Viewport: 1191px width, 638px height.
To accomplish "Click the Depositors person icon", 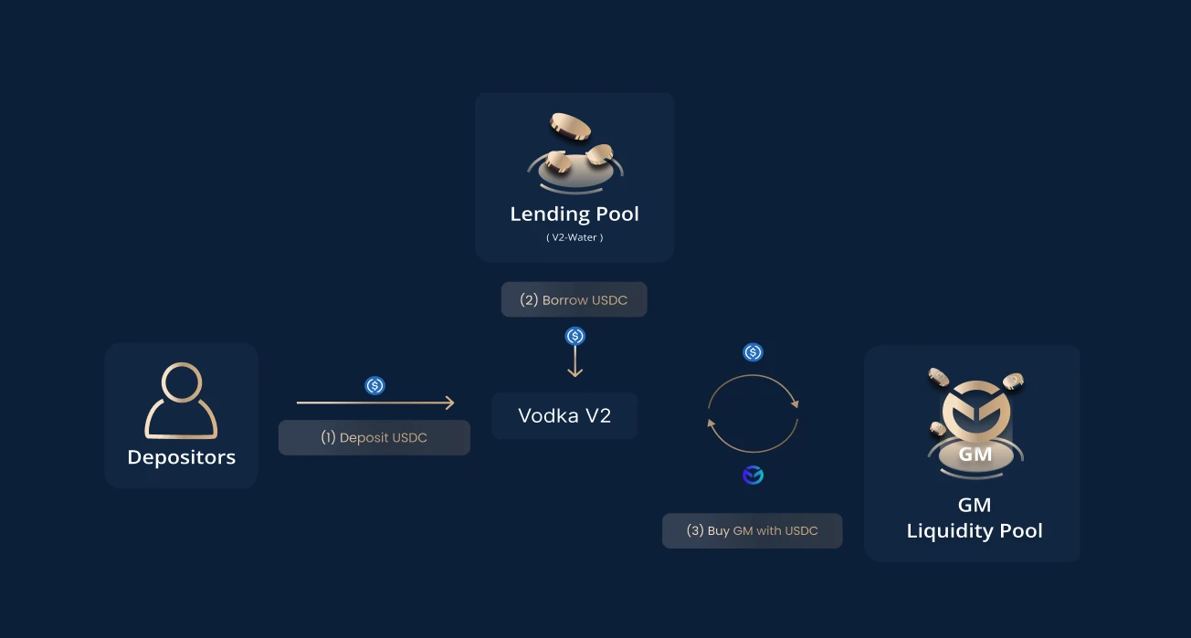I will click(181, 402).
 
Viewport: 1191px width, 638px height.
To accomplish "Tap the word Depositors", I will click(181, 457).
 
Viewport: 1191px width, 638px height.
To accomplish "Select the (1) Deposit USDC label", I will click(374, 438).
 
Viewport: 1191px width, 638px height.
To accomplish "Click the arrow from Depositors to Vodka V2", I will click(375, 403).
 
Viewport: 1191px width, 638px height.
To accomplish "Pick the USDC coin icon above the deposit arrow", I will click(374, 386).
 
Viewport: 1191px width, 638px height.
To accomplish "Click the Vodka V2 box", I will click(564, 416).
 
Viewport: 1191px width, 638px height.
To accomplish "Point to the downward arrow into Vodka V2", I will click(574, 362).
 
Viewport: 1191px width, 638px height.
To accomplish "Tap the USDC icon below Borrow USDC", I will click(574, 336).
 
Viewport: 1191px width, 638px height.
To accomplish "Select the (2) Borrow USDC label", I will click(574, 299).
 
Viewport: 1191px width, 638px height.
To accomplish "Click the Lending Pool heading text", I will click(574, 214).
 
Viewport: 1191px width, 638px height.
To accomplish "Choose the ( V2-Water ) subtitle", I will click(574, 237).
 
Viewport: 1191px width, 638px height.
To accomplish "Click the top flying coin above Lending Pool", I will click(569, 127).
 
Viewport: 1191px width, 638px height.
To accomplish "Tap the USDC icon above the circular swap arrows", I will click(753, 352).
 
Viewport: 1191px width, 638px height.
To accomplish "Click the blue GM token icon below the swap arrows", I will click(753, 476).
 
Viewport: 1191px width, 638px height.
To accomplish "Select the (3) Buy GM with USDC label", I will click(752, 530).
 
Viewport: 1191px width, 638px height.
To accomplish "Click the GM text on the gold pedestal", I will click(974, 454).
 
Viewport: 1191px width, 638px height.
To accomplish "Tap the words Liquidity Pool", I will click(975, 531).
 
